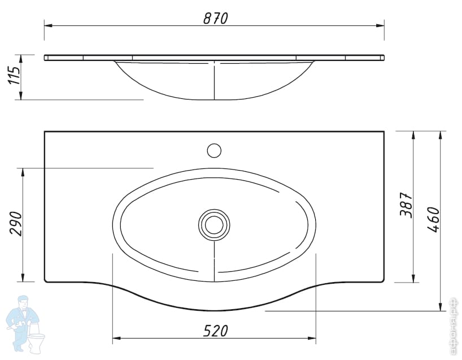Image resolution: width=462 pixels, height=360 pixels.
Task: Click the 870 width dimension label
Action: click(x=215, y=18)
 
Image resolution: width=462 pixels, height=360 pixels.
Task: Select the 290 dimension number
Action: click(x=16, y=223)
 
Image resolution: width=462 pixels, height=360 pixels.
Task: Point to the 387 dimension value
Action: click(x=406, y=205)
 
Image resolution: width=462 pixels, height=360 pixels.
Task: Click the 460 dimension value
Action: click(x=433, y=220)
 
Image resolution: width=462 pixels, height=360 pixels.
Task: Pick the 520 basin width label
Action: click(x=215, y=331)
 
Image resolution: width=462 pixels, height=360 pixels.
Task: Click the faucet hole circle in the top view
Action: click(x=214, y=150)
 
